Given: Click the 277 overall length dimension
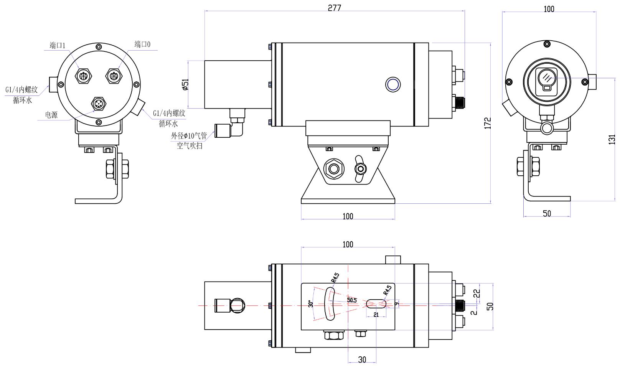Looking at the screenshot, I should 334,8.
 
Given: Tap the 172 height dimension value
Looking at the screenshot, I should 488,123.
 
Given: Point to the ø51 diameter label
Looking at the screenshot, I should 185,84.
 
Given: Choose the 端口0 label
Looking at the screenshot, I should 142,45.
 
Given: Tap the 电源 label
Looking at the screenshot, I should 51,115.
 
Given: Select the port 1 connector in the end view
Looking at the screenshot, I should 83,76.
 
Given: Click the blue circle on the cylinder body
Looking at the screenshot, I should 392,84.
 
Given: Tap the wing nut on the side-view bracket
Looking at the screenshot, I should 360,168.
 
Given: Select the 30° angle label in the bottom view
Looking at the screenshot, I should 311,303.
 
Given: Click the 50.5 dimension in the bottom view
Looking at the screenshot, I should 352,300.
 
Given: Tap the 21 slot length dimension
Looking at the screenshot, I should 376,315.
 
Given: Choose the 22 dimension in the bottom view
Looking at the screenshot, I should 477,293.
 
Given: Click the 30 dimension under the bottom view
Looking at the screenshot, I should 362,359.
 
